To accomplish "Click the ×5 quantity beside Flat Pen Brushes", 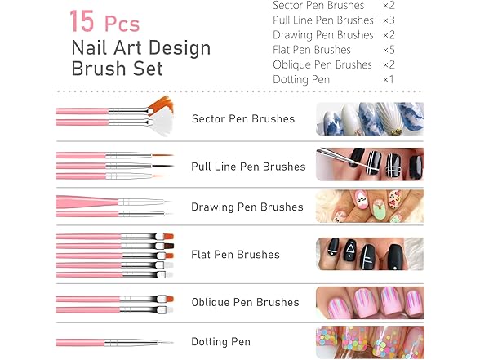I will (x=389, y=50).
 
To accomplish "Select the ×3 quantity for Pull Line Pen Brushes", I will (x=389, y=20).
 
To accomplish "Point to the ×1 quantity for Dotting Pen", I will (x=389, y=79).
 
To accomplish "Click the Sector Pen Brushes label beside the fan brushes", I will (x=242, y=119).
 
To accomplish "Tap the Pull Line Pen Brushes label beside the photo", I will (x=248, y=167).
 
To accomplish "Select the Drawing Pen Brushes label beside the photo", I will (x=247, y=207).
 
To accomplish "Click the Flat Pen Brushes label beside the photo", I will (x=235, y=255).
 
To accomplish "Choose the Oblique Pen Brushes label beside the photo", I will (x=245, y=302).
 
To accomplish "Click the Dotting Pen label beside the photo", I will (x=220, y=342).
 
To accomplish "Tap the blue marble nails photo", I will (x=369, y=118).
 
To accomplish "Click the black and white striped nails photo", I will (x=369, y=164).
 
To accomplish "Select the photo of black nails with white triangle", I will (x=369, y=254).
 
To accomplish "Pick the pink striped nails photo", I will (x=369, y=301).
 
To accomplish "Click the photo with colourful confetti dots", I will (x=369, y=342).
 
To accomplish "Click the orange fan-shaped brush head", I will (x=161, y=105).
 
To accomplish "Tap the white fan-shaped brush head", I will (x=162, y=124).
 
